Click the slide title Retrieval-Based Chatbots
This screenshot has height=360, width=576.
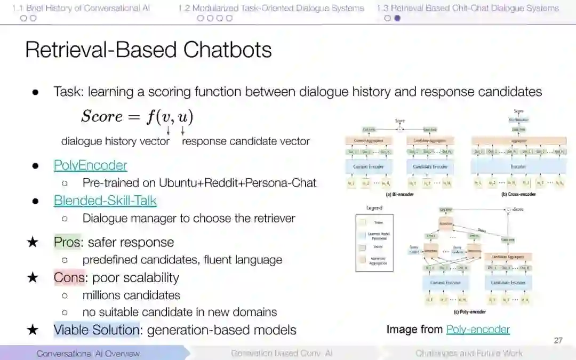click(148, 50)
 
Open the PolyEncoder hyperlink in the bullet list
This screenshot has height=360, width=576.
click(90, 165)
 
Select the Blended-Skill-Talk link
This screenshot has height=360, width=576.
click(105, 201)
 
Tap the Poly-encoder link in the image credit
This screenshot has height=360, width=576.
click(478, 330)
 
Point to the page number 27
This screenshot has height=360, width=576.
click(558, 340)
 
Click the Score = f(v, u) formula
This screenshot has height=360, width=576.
click(137, 117)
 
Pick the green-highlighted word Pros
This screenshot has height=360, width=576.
click(67, 242)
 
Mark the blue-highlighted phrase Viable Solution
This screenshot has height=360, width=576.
click(97, 330)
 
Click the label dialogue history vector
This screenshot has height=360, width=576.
click(115, 141)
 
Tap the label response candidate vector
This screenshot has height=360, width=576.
click(246, 141)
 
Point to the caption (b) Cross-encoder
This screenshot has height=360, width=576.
click(518, 194)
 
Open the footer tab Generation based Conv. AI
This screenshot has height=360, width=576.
click(282, 353)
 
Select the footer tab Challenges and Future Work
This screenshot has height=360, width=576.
click(469, 353)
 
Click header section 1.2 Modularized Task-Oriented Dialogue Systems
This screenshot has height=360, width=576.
click(271, 8)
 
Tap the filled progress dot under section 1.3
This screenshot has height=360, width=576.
click(397, 18)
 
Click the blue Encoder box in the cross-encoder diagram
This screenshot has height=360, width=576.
click(518, 167)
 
